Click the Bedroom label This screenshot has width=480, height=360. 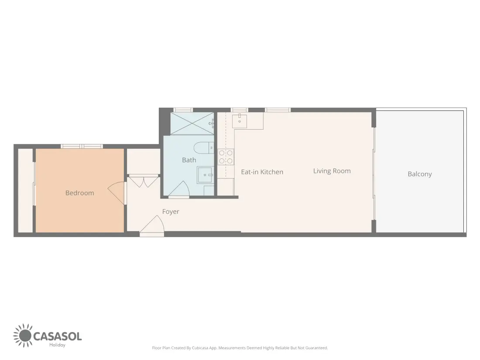(x=79, y=193)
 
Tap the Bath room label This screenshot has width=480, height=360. (x=189, y=160)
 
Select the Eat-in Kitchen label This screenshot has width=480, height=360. (x=262, y=172)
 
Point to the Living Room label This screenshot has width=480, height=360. (x=332, y=171)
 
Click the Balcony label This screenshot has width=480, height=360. (x=420, y=174)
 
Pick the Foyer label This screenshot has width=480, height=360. (x=171, y=212)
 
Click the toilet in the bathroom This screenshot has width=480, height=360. (x=204, y=148)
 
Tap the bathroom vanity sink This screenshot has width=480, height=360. (x=206, y=175)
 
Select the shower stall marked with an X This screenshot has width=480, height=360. (x=192, y=123)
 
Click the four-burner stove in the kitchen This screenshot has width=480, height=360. (x=226, y=157)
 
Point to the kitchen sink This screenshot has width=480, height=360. (x=240, y=120)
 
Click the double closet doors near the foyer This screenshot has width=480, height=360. (x=143, y=181)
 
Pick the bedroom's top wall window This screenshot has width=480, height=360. (x=82, y=146)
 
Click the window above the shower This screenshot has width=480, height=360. (x=183, y=110)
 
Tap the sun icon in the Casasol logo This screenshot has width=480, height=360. (x=23, y=336)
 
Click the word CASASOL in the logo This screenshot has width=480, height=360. (x=57, y=336)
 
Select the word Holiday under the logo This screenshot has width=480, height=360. (x=57, y=345)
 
